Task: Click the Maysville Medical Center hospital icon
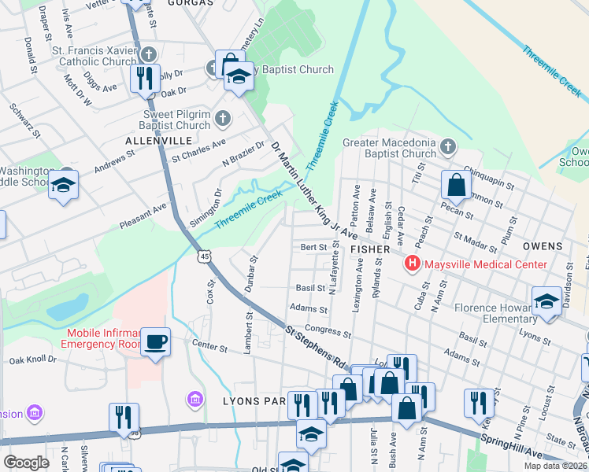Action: click(411, 264)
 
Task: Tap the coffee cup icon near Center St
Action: click(155, 341)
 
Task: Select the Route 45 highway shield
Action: click(205, 256)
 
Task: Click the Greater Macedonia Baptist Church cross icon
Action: click(448, 147)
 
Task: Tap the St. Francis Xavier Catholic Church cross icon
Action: click(148, 55)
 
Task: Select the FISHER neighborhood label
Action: click(370, 249)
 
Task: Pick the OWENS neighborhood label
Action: click(542, 245)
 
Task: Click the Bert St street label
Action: click(313, 247)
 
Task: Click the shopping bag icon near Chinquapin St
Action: click(456, 186)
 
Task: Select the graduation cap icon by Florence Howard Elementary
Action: click(546, 302)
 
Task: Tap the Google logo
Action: click(27, 463)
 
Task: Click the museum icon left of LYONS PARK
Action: click(194, 400)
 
